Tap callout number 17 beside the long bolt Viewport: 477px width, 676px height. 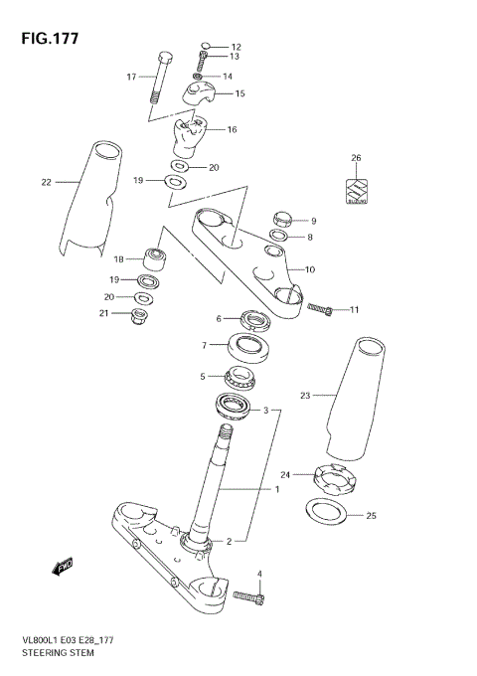[131, 77]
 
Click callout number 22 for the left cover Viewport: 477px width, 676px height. [46, 182]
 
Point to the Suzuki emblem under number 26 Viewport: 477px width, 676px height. [356, 191]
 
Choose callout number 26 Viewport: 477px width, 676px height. [356, 159]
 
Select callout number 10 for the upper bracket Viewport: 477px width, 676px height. [309, 268]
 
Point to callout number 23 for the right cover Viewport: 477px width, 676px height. [305, 396]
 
